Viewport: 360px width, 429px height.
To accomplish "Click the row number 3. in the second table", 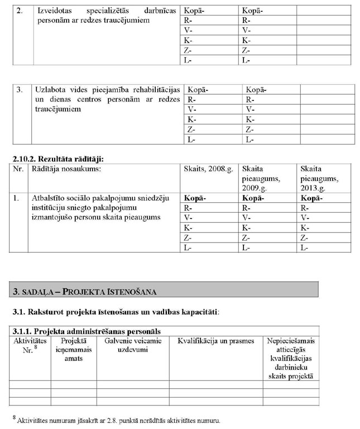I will (x=20, y=89).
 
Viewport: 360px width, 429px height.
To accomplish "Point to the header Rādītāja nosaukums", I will (x=67, y=169).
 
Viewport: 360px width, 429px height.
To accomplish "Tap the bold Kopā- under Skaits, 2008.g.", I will (x=195, y=198).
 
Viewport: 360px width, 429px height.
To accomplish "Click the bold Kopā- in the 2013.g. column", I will (x=311, y=198).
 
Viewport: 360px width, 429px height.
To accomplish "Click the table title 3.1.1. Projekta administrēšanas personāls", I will (x=89, y=331).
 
